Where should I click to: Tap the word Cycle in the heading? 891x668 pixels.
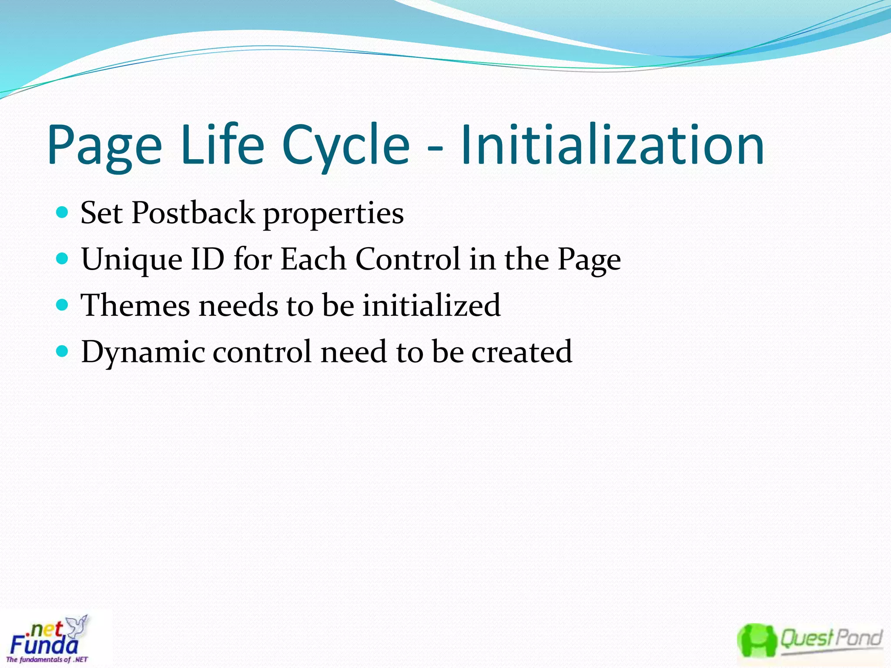click(345, 146)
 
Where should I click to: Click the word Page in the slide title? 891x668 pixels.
click(104, 146)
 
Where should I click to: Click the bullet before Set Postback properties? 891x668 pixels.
click(63, 212)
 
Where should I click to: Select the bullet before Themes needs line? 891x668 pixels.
click(63, 305)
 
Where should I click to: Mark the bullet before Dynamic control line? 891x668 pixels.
click(63, 351)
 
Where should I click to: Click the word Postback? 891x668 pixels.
click(193, 213)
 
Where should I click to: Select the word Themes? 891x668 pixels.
click(136, 305)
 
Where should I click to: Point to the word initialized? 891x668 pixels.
click(431, 305)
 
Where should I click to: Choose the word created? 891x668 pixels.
click(522, 351)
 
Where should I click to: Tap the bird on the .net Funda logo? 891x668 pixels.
click(79, 626)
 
